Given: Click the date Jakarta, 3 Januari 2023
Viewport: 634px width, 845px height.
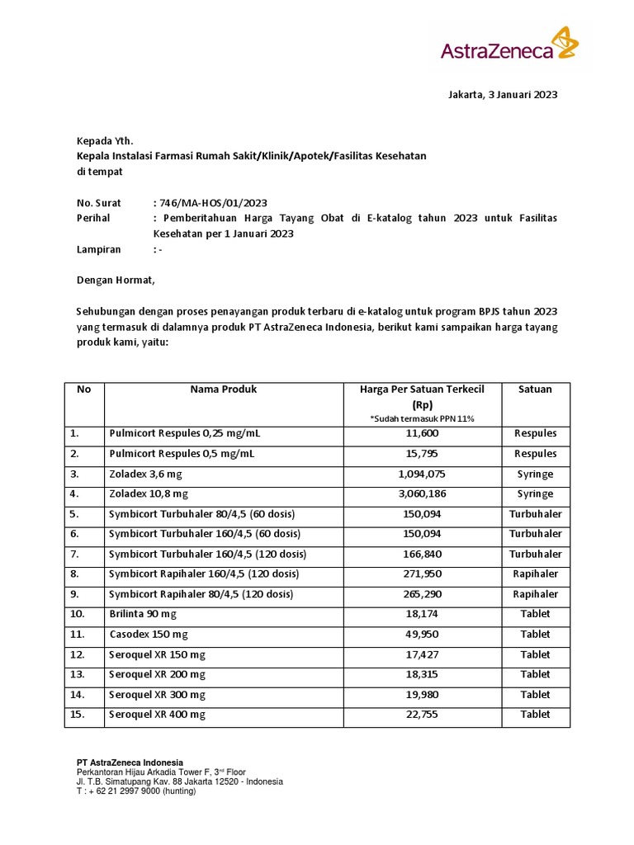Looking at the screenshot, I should [x=503, y=94].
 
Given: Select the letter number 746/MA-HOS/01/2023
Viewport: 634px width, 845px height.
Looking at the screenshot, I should [x=213, y=203].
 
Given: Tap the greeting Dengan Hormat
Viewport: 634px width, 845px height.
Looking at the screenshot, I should [x=116, y=280].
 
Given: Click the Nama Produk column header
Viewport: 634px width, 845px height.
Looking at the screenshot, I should [x=223, y=389].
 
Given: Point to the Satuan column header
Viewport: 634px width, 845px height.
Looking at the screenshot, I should [x=535, y=389].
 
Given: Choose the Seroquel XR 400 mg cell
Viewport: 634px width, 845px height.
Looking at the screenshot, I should [x=157, y=715].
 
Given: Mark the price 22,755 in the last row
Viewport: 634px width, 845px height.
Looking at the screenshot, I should [x=423, y=715].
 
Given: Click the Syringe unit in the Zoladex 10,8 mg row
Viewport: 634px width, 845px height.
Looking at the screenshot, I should [x=535, y=494].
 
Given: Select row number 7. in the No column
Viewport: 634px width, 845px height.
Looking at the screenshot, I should [x=76, y=555].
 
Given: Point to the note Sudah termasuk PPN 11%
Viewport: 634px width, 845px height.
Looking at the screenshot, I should [x=423, y=419].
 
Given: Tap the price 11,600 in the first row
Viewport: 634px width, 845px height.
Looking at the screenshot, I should [x=423, y=434].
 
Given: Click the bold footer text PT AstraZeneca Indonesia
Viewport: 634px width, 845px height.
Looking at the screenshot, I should [x=130, y=762].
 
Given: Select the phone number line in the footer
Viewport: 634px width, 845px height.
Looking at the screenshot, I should [x=136, y=791].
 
